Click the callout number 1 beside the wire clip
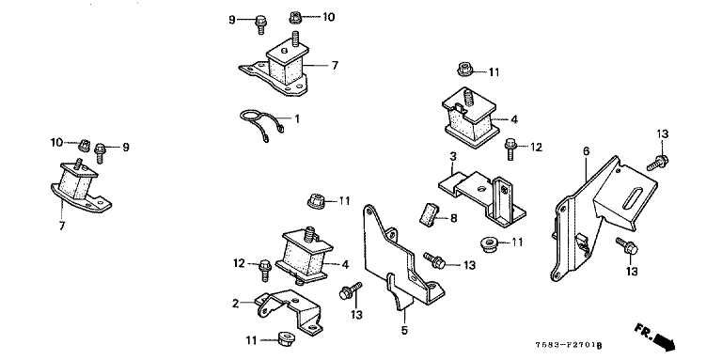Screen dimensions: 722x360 tap(297, 119)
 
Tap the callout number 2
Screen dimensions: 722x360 tap(236, 304)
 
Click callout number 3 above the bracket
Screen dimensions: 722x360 tap(453, 157)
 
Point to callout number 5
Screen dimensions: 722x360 tap(404, 331)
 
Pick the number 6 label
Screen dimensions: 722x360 tap(587, 151)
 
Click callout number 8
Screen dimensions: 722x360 tap(453, 218)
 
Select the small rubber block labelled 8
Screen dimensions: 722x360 tap(428, 215)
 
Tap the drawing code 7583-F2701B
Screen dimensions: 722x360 tap(569, 345)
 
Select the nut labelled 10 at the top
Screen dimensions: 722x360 tap(295, 18)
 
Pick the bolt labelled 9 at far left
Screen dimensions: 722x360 tap(101, 153)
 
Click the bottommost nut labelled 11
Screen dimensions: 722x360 tap(287, 339)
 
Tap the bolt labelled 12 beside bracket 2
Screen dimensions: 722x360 tap(266, 270)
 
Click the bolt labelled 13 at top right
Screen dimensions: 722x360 tap(657, 163)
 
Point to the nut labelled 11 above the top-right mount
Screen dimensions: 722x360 tap(464, 70)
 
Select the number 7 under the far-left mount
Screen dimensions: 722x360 tap(62, 226)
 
